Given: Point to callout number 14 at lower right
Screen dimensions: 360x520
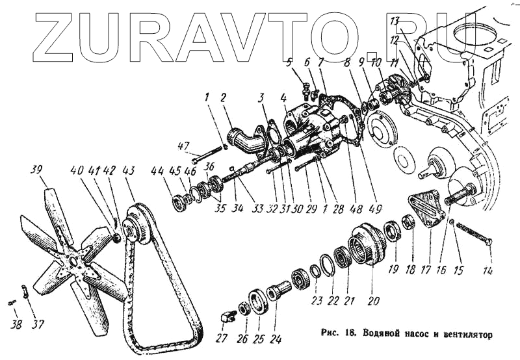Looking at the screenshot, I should pyautogui.click(x=487, y=270).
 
